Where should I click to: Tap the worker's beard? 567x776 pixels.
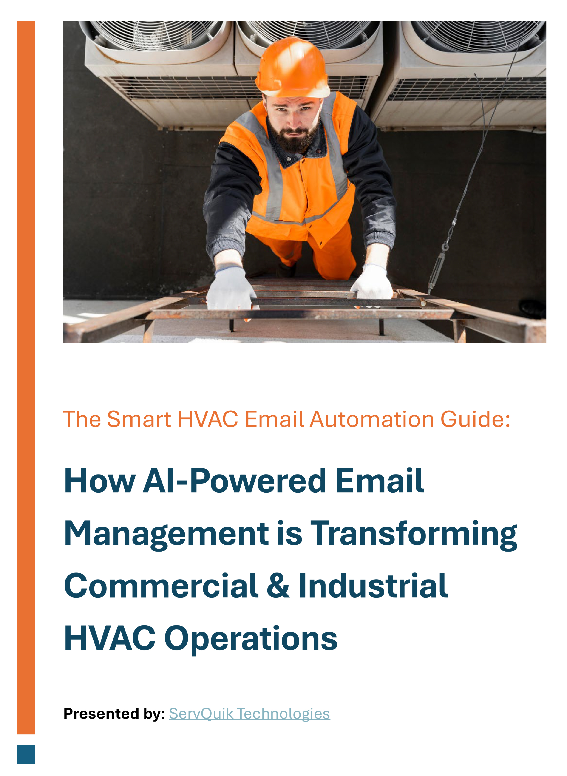[x=293, y=137]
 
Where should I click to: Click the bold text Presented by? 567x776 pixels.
[x=114, y=714]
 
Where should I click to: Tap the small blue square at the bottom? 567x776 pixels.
[x=26, y=754]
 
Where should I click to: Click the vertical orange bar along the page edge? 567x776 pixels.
[x=26, y=377]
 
